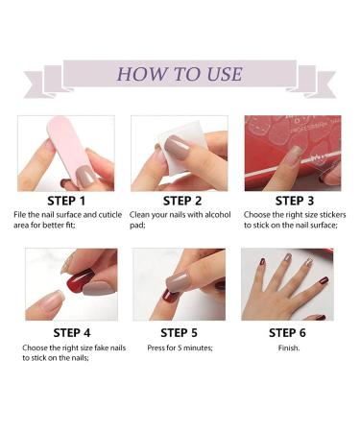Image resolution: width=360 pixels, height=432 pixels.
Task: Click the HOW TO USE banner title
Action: coord(180,74)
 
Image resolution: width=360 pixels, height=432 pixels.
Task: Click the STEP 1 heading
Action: coord(66,201)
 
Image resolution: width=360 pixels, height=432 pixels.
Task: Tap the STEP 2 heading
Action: coord(182,201)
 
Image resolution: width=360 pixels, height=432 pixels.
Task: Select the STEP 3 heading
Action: coord(295,201)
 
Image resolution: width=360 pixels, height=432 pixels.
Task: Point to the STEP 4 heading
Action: coord(72,333)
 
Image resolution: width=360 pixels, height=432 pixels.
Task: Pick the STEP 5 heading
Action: coord(179,333)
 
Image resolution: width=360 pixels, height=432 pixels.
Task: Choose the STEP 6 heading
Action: coord(287,333)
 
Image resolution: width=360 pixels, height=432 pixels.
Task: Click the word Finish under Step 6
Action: coord(289,348)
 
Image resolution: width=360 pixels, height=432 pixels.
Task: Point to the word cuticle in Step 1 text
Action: coord(110,215)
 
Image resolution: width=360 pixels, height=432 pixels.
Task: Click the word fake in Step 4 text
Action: coord(102,348)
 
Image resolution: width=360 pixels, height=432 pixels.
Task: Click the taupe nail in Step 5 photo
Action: coord(178,282)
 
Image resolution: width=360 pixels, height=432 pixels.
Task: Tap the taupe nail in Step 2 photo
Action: coord(177,148)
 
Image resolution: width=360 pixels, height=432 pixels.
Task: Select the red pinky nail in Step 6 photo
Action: coord(324,280)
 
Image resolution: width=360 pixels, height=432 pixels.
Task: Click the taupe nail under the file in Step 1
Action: coord(85,177)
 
